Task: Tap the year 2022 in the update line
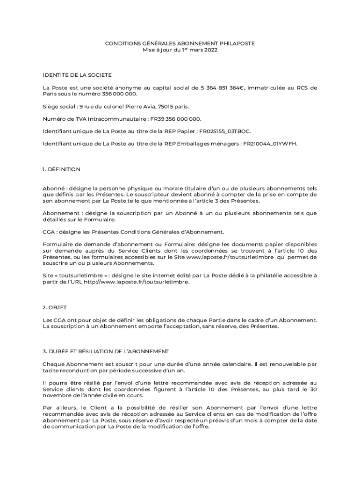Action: [x=210, y=49]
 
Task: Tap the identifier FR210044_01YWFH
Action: [x=270, y=144]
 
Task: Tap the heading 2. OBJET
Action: [x=55, y=307]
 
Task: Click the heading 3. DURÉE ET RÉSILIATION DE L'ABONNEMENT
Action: [x=105, y=351]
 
